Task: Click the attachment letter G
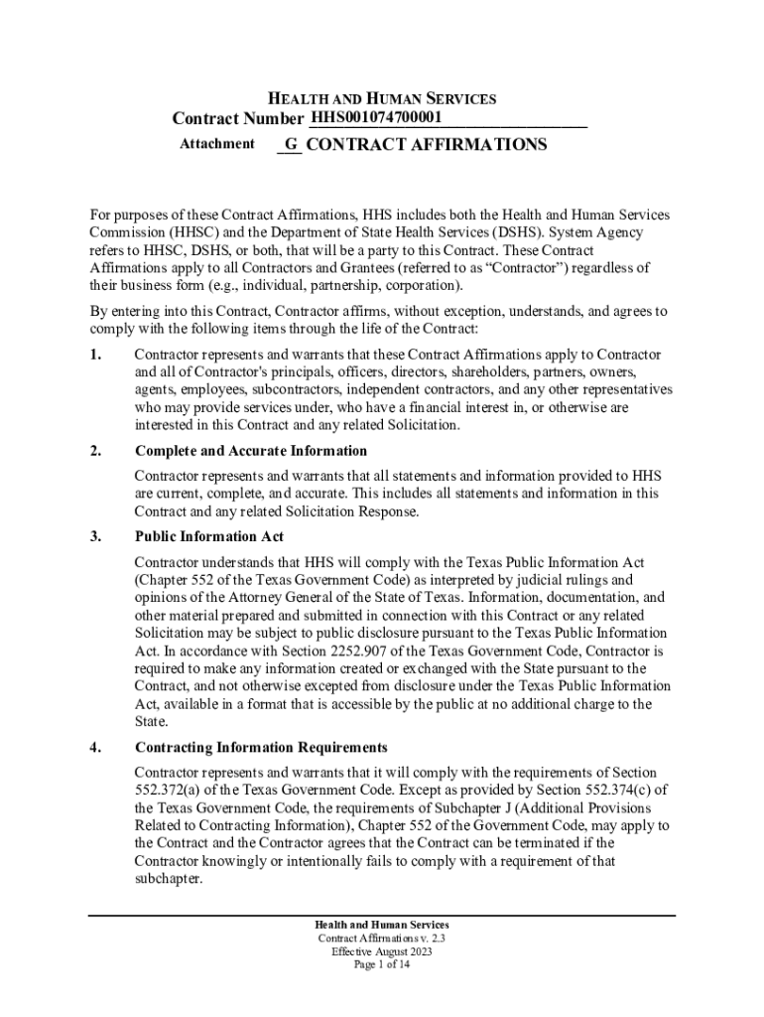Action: (291, 145)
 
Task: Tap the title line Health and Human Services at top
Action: (383, 99)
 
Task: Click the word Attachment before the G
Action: (216, 144)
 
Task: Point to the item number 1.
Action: (95, 355)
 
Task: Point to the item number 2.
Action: (95, 451)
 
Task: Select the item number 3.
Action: (95, 537)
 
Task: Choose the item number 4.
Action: (95, 747)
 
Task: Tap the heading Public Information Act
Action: (209, 537)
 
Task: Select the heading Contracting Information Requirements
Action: (261, 747)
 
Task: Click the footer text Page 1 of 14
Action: (382, 963)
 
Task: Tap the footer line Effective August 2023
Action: (382, 950)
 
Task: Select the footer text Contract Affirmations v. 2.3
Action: (382, 938)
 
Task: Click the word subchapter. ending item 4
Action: (169, 879)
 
